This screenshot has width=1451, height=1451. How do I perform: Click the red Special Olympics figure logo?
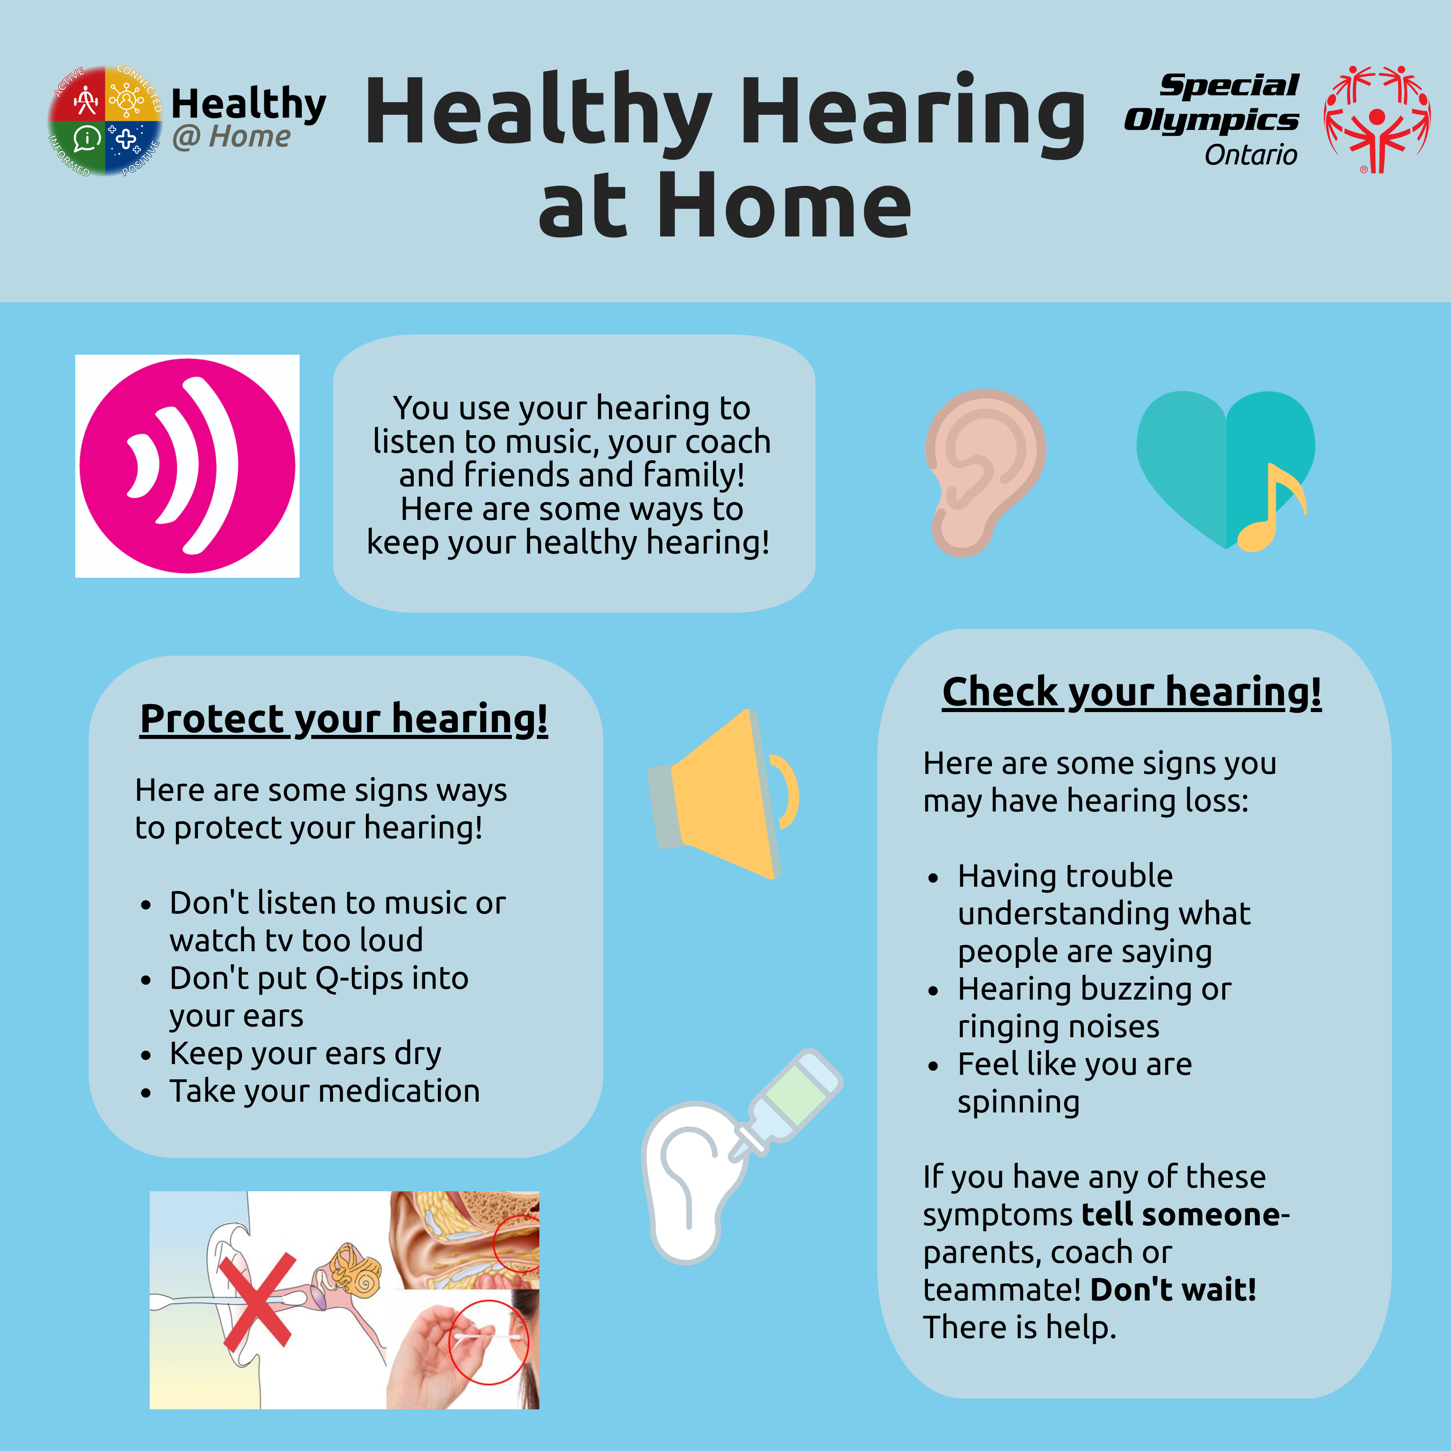[1377, 119]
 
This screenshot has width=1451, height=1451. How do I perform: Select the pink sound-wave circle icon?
[187, 466]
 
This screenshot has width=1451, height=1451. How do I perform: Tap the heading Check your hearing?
[1132, 692]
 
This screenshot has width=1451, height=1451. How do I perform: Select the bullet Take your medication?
[324, 1091]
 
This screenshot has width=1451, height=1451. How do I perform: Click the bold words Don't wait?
[1173, 1289]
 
